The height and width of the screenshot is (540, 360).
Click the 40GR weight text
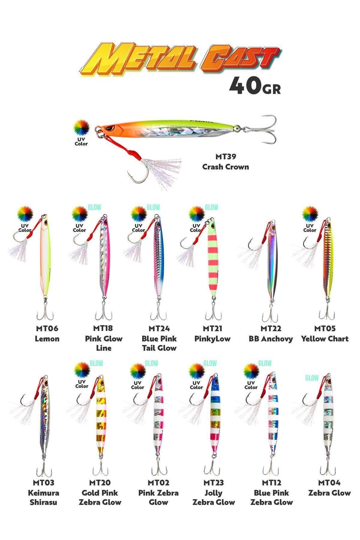tap(255, 86)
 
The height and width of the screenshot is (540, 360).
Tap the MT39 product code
tap(226, 156)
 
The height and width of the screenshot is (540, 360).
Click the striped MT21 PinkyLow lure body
tap(213, 261)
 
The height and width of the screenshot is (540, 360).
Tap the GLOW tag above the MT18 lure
tap(94, 207)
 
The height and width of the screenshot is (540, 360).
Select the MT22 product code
tap(271, 328)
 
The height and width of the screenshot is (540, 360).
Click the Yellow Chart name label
tap(325, 339)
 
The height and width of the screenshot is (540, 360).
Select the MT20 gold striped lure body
tap(100, 417)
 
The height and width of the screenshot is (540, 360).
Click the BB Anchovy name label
tap(271, 339)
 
